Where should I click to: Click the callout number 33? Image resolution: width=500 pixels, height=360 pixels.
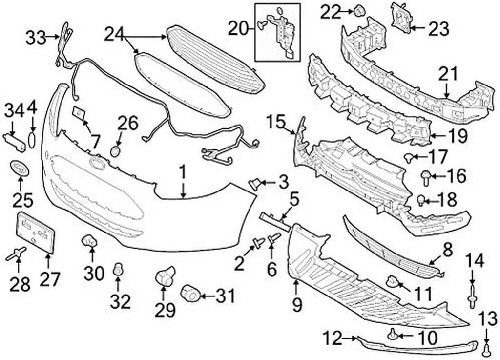(x=36, y=38)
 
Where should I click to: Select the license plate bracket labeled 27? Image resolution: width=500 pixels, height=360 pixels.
(x=36, y=233)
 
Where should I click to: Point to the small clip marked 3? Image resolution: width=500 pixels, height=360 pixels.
(x=254, y=184)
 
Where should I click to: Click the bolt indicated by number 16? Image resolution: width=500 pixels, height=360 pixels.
(x=425, y=177)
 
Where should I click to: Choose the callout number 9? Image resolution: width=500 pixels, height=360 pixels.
(x=297, y=305)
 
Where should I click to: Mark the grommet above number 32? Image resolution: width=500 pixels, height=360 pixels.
(x=117, y=269)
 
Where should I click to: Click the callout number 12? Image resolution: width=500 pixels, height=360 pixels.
(x=334, y=337)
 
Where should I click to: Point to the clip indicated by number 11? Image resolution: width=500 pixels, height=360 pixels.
(x=393, y=281)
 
